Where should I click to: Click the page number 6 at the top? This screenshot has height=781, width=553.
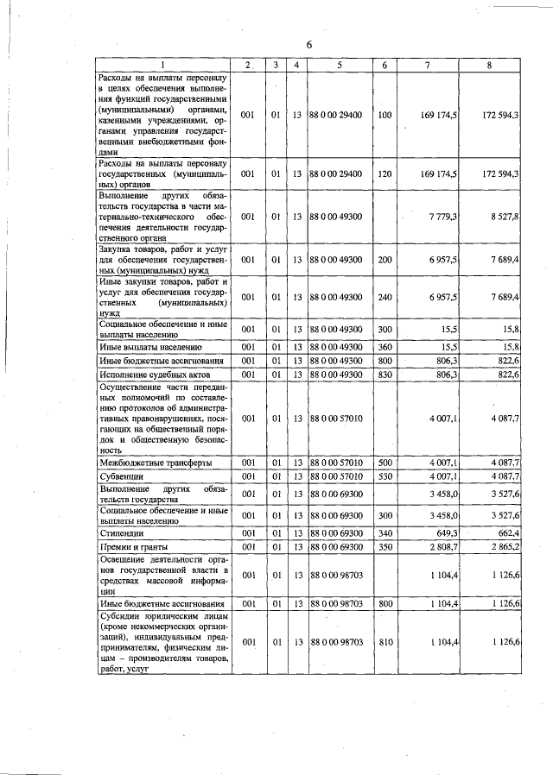pos(308,45)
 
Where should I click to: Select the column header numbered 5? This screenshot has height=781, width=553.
pos(340,66)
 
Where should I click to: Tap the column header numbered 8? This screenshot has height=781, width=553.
pos(490,66)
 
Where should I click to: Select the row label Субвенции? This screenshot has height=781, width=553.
pos(121,476)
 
